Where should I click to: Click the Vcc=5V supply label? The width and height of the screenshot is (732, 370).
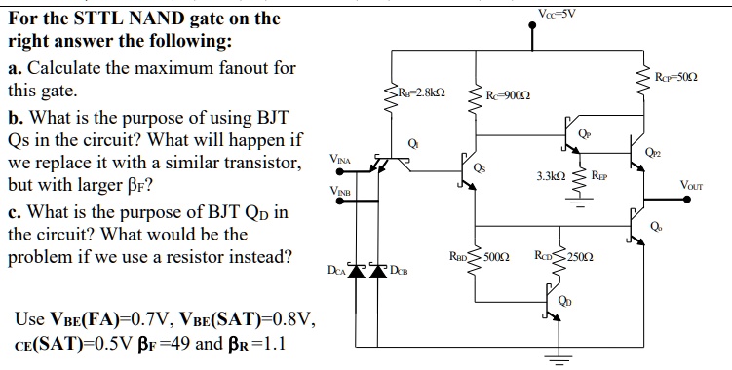click(x=558, y=13)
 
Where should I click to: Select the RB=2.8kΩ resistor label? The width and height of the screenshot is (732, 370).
click(x=421, y=93)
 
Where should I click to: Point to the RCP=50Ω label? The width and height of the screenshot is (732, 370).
click(x=675, y=74)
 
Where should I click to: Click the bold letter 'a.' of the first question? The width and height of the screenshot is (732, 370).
click(x=17, y=70)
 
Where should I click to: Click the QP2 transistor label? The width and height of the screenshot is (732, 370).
click(x=652, y=152)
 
